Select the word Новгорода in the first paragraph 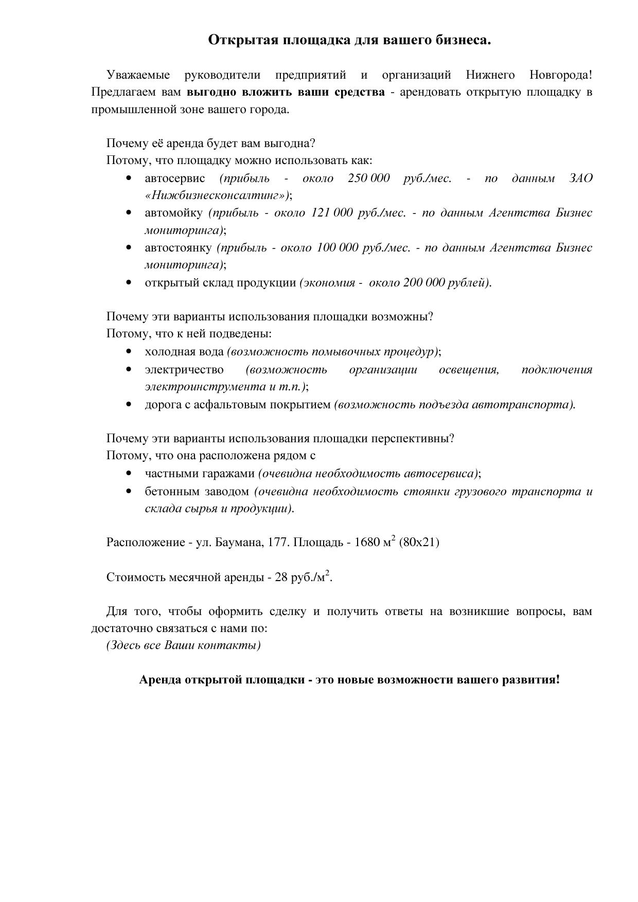pos(560,75)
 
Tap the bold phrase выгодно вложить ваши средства pos(286,93)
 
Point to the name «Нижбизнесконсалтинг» pos(216,195)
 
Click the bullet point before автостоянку pos(129,248)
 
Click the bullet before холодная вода pos(129,352)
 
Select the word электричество pos(184,370)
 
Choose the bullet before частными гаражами pos(129,474)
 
